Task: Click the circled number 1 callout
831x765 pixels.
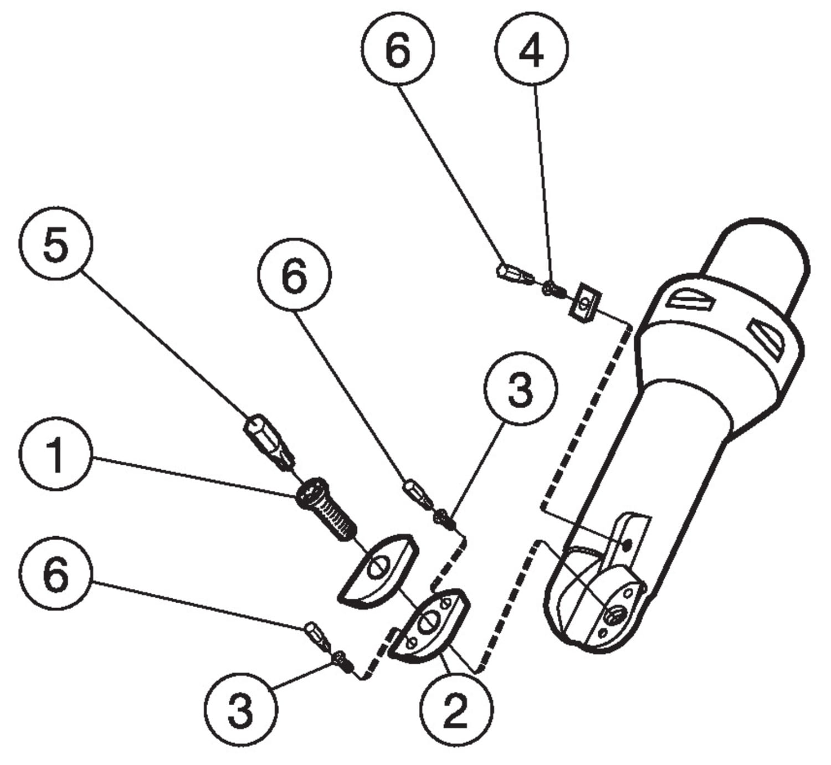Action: point(55,455)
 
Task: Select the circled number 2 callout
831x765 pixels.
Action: point(455,709)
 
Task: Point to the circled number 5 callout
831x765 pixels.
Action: point(56,244)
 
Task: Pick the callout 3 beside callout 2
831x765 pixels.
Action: point(240,709)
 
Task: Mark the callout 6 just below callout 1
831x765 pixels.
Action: point(56,574)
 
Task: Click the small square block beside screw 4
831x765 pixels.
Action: point(584,302)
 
